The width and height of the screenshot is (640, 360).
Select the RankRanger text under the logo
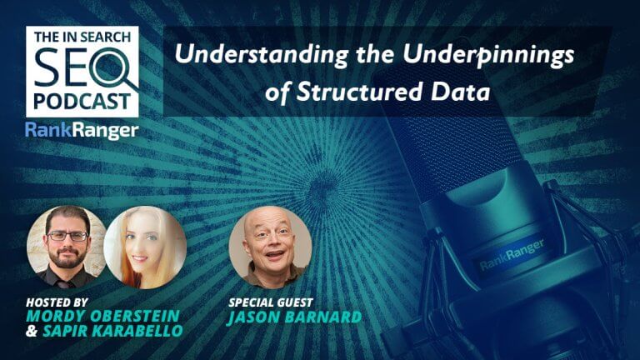[82, 130]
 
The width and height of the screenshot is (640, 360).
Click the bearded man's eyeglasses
[67, 236]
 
